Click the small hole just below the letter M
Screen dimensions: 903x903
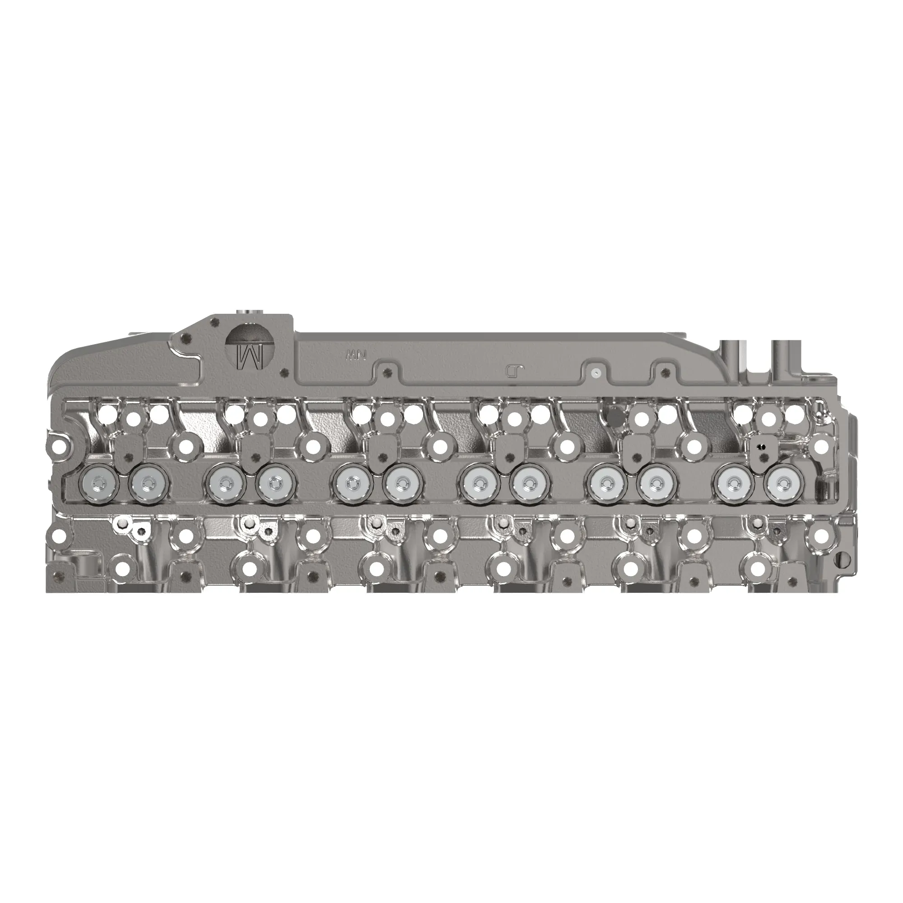pyautogui.click(x=283, y=372)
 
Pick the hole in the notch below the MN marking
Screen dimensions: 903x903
pyautogui.click(x=386, y=372)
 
